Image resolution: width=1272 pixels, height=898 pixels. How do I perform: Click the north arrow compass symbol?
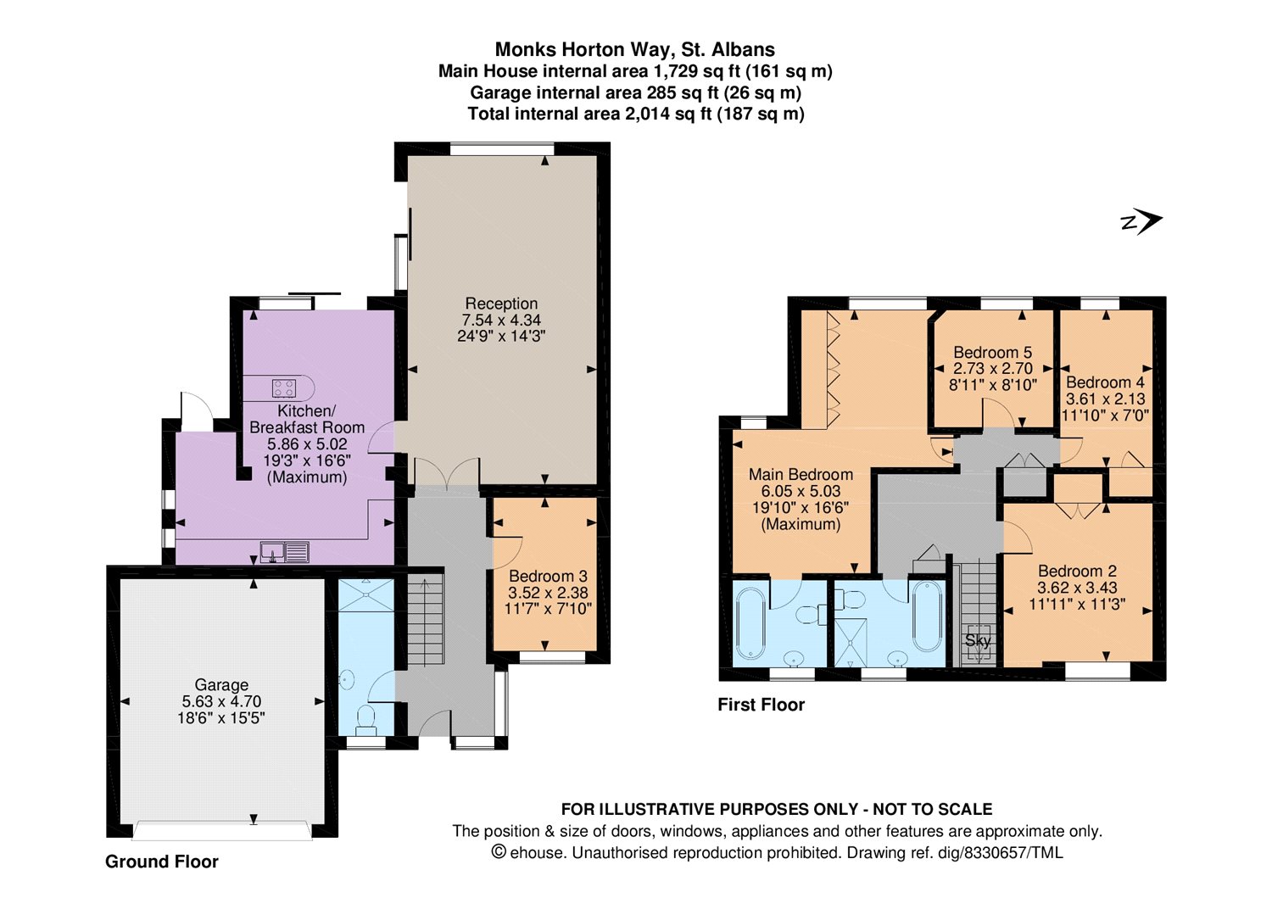pyautogui.click(x=1142, y=222)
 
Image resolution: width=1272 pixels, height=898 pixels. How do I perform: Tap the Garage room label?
pyautogui.click(x=221, y=684)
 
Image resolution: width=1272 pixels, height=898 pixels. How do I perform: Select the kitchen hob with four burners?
pyautogui.click(x=284, y=388)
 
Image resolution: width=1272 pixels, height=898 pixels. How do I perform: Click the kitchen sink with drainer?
pyautogui.click(x=285, y=552)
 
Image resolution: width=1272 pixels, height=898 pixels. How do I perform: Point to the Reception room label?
pyautogui.click(x=501, y=304)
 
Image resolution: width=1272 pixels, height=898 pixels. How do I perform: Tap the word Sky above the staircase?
pyautogui.click(x=978, y=640)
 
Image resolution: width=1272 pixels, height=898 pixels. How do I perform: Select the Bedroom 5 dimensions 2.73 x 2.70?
pyautogui.click(x=993, y=368)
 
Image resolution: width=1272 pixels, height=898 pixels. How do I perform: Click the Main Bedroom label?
pyautogui.click(x=801, y=474)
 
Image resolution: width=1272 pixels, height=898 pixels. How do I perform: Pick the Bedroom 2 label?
pyautogui.click(x=1077, y=571)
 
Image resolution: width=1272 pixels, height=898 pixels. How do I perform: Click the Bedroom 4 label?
pyautogui.click(x=1105, y=382)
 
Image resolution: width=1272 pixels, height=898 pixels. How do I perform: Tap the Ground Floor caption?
pyautogui.click(x=162, y=862)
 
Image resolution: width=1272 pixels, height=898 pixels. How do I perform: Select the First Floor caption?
pyautogui.click(x=762, y=705)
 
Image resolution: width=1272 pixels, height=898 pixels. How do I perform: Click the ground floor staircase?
pyautogui.click(x=426, y=620)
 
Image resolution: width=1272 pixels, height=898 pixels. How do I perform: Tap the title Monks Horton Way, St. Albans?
pyautogui.click(x=635, y=49)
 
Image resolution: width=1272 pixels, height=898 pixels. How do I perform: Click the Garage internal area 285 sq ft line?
pyautogui.click(x=635, y=92)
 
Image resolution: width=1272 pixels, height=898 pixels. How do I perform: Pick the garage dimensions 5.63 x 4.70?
pyautogui.click(x=221, y=701)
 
